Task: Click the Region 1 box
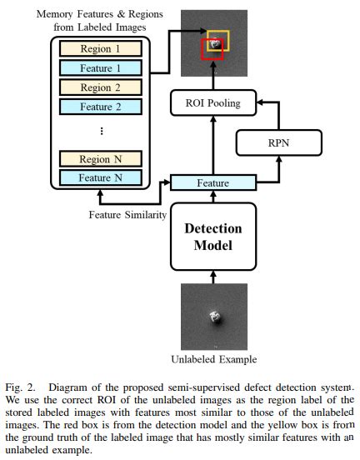101,49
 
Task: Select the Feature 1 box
101,68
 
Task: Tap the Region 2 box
101,87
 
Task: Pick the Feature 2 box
101,106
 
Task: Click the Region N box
101,157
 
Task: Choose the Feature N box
101,177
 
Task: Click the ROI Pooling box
213,104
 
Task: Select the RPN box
277,143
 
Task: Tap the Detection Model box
212,236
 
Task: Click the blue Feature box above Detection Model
212,182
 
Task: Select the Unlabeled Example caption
213,359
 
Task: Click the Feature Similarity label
126,215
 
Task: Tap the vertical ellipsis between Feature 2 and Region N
101,131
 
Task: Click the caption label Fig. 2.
17,388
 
